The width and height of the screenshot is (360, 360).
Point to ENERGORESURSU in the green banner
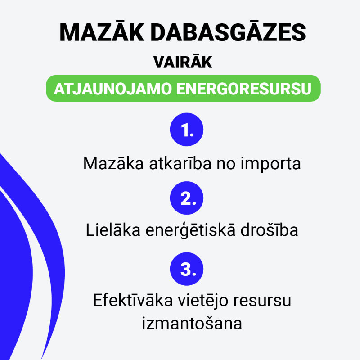[244, 89]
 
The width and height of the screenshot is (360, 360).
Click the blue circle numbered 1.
[187, 130]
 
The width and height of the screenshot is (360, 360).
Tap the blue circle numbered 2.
[187, 198]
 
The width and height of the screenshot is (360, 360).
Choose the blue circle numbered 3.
[187, 269]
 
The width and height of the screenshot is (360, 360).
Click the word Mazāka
[113, 163]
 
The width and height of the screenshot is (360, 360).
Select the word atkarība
[180, 163]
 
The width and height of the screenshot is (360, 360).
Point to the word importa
[271, 164]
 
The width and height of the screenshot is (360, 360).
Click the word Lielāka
[113, 229]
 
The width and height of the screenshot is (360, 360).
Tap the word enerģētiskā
[190, 230]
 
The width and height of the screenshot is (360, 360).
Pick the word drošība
[269, 229]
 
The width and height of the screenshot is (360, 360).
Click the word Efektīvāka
[133, 300]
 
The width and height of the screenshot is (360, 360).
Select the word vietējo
[203, 301]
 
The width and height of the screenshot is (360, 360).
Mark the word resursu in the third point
[262, 301]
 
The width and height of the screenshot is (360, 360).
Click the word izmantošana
[192, 323]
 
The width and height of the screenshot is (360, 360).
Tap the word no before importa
[226, 164]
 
